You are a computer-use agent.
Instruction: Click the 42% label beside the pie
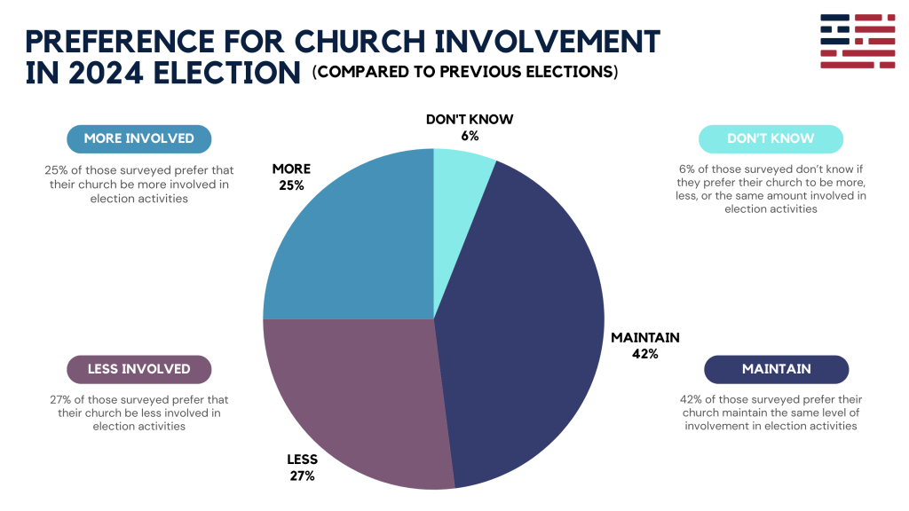644,354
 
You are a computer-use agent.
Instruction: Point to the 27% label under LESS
302,476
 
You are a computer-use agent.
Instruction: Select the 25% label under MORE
291,185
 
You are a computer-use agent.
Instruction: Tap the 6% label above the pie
470,136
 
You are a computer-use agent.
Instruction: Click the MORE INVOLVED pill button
139,138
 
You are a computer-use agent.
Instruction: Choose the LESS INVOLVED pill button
139,369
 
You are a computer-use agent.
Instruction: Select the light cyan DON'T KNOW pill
770,138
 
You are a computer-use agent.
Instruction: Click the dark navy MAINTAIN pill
776,369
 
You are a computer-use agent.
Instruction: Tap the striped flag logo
858,41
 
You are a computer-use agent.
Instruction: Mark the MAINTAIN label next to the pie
645,337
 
